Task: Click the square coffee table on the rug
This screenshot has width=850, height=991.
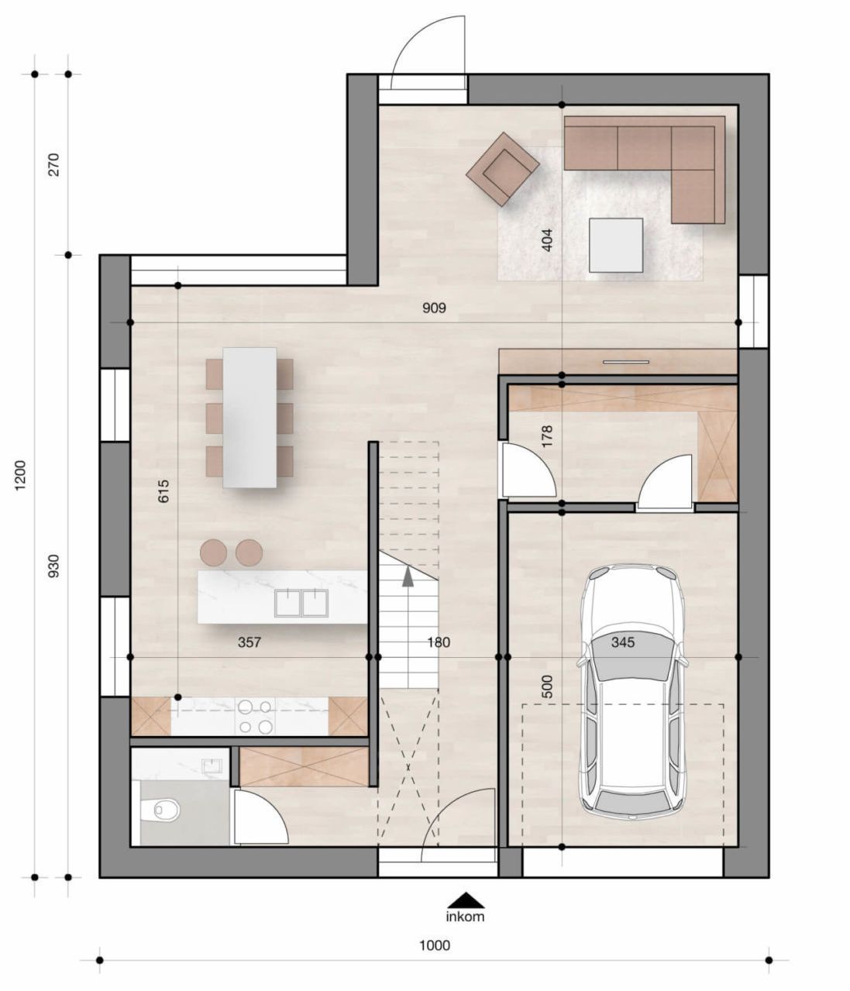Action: (x=616, y=245)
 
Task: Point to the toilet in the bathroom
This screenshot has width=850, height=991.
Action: (x=163, y=810)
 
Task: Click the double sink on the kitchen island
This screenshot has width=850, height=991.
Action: (x=301, y=603)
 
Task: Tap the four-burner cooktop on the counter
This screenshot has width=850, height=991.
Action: (x=255, y=717)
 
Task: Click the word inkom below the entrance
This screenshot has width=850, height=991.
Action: (x=465, y=917)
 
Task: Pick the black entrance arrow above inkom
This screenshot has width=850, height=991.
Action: (x=466, y=900)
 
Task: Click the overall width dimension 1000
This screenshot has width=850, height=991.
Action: (x=434, y=945)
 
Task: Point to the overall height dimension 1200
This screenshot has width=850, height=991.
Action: (x=20, y=475)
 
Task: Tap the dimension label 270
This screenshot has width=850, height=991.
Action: (x=53, y=164)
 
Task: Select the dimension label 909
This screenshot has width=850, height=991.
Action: (x=434, y=308)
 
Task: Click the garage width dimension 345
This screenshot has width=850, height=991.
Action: (x=622, y=642)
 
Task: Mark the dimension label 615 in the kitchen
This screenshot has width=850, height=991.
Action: (x=163, y=491)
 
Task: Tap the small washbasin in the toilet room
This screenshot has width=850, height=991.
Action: (x=211, y=766)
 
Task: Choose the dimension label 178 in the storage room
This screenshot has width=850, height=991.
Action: (x=547, y=437)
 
